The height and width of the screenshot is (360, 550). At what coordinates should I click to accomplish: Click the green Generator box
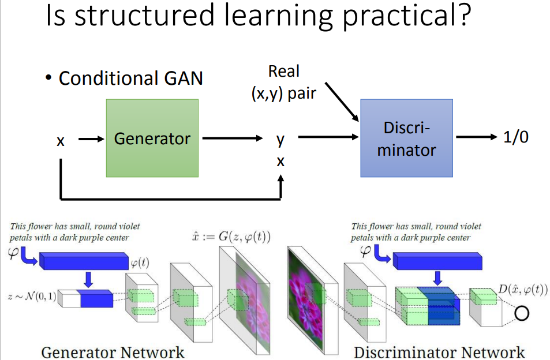pyautogui.click(x=152, y=138)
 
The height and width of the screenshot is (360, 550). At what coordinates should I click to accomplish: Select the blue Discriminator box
pyautogui.click(x=406, y=138)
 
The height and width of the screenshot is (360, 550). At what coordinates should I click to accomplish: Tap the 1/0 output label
pyautogui.click(x=515, y=137)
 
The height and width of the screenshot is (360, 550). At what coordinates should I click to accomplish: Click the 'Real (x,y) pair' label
pyautogui.click(x=284, y=82)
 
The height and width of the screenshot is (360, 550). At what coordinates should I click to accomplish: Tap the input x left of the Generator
pyautogui.click(x=61, y=140)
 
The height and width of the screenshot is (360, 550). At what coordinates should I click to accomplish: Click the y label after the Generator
pyautogui.click(x=280, y=138)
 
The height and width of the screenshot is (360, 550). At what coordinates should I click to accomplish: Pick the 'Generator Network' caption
pyautogui.click(x=113, y=352)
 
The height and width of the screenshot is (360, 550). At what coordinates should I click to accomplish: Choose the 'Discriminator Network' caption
pyautogui.click(x=439, y=352)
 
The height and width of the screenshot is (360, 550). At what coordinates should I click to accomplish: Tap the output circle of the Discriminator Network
pyautogui.click(x=522, y=313)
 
